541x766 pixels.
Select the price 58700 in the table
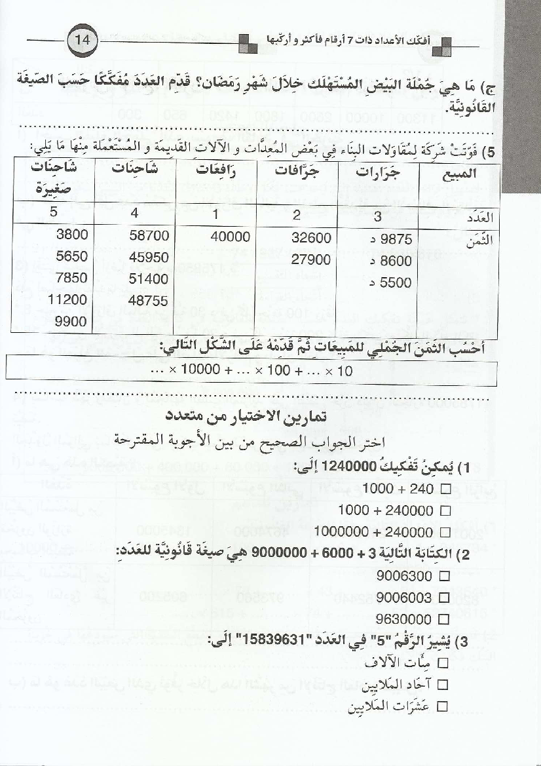click(x=150, y=235)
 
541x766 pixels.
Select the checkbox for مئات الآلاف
click(x=441, y=663)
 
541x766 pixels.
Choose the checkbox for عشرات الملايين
click(x=441, y=706)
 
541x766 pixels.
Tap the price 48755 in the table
click(x=150, y=300)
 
